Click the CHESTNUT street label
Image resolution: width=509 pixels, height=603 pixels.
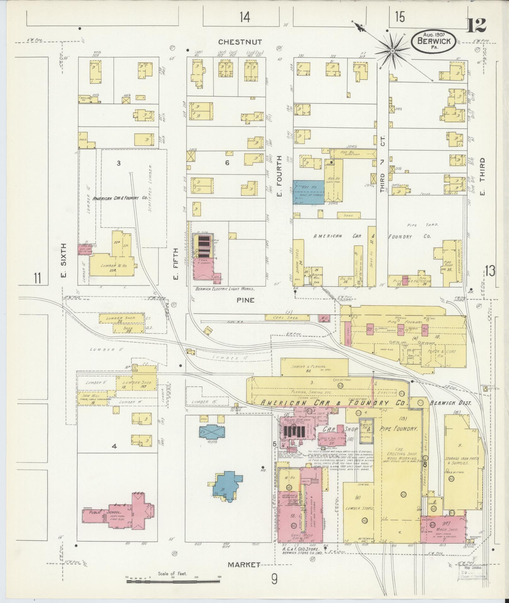(245, 42)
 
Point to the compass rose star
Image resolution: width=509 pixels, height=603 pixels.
(393, 51)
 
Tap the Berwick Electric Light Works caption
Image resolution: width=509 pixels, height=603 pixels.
(225, 288)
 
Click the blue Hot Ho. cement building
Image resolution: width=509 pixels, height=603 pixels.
(308, 193)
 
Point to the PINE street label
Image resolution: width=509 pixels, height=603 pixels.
(246, 300)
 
